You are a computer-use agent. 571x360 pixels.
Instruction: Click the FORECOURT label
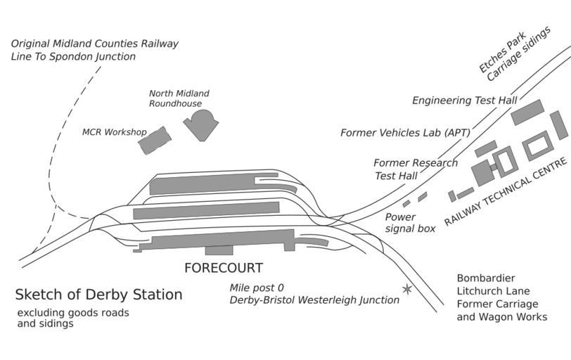(x=223, y=268)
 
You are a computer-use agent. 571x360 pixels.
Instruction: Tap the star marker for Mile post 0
(x=406, y=289)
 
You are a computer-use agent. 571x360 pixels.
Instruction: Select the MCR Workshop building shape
(x=154, y=141)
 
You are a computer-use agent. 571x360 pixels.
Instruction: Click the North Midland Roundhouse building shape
(x=201, y=125)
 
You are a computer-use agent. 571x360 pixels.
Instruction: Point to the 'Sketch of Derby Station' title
(x=98, y=295)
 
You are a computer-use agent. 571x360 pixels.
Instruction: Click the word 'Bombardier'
(x=486, y=278)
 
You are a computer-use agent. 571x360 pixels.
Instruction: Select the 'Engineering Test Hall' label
(x=464, y=101)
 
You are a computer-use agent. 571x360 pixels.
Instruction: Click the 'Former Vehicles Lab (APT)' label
(x=405, y=132)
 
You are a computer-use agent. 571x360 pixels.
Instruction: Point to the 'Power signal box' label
(x=410, y=223)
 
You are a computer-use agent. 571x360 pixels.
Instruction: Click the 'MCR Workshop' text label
(x=114, y=132)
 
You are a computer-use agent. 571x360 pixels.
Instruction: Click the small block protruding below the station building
(x=219, y=250)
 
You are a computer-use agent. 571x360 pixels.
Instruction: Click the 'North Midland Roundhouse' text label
(x=179, y=98)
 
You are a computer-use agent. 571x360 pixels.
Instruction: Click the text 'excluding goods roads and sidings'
(x=73, y=318)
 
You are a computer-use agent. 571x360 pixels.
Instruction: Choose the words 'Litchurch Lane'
(x=493, y=291)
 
